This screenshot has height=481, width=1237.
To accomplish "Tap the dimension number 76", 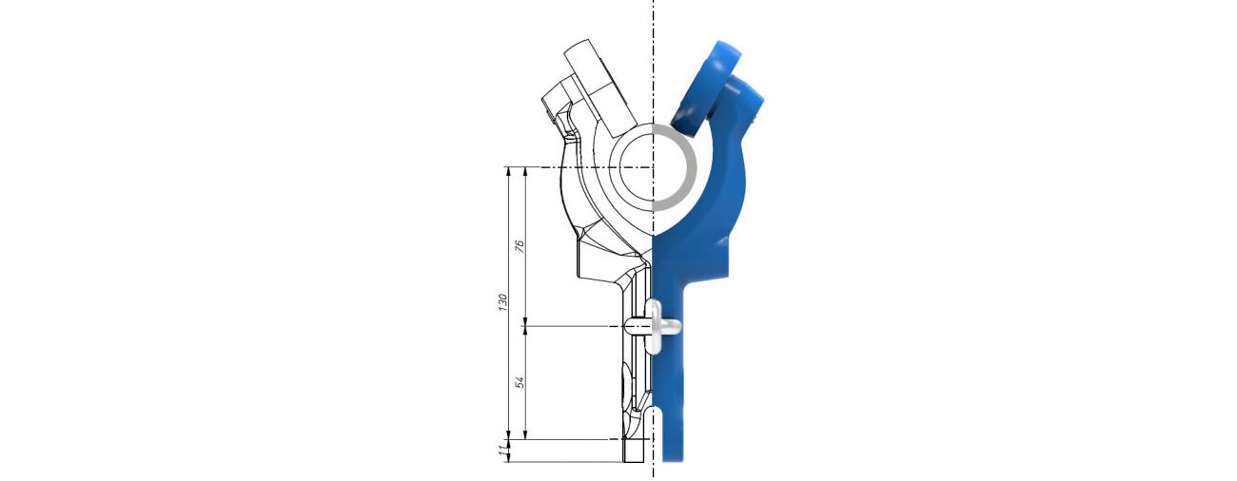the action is tap(520, 246).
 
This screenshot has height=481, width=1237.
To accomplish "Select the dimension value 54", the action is tap(520, 382).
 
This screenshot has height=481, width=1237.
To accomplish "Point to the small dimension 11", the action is tap(502, 451).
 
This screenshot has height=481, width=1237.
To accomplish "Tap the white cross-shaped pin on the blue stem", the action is tap(658, 327).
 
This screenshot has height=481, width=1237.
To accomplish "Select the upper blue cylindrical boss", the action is tap(708, 87).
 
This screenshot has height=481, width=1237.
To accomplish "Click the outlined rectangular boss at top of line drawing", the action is tap(600, 88).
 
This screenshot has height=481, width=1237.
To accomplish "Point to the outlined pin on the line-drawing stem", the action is tap(637, 327).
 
